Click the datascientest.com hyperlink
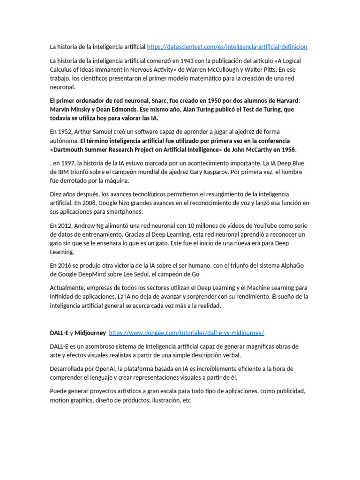[x=227, y=47]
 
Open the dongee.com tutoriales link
[x=187, y=333]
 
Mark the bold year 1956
[x=288, y=150]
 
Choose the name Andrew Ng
[x=87, y=225]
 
